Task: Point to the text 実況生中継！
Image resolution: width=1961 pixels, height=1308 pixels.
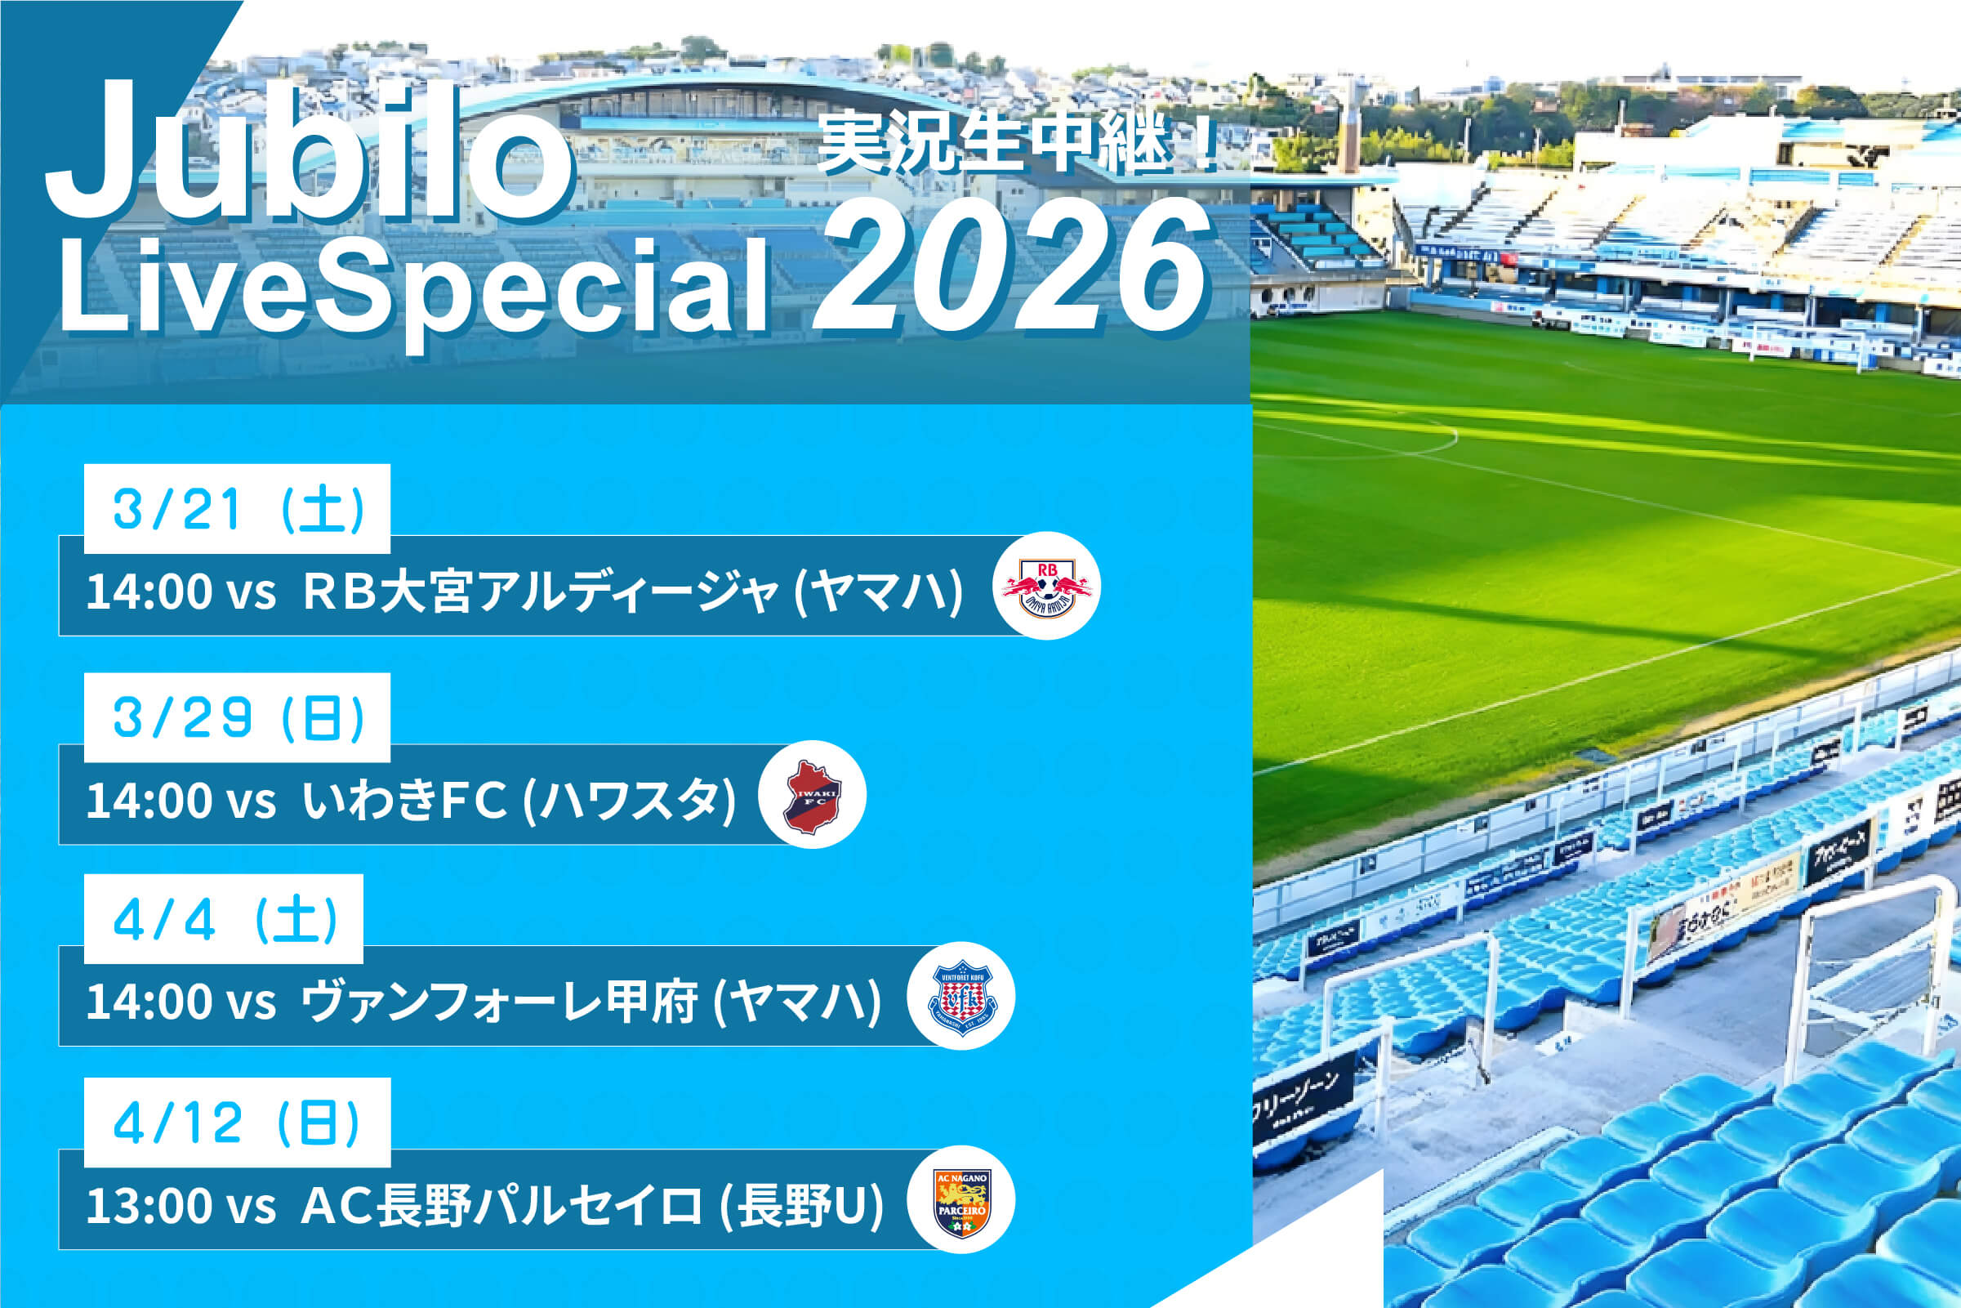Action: click(x=1017, y=144)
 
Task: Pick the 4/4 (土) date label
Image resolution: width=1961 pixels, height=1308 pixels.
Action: click(x=225, y=919)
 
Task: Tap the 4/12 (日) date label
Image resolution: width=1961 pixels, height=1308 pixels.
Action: click(x=238, y=1123)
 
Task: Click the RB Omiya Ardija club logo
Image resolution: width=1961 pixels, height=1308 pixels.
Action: click(x=1046, y=587)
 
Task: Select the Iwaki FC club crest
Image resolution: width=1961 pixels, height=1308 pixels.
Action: click(x=812, y=795)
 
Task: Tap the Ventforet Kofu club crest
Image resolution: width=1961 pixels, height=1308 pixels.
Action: click(x=960, y=996)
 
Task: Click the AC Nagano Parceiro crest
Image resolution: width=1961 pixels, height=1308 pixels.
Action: click(x=960, y=1201)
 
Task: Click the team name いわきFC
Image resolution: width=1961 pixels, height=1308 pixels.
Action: click(x=404, y=799)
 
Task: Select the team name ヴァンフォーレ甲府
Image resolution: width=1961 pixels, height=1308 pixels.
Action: click(x=498, y=1001)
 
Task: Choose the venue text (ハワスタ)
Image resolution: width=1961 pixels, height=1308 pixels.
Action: click(x=630, y=799)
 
